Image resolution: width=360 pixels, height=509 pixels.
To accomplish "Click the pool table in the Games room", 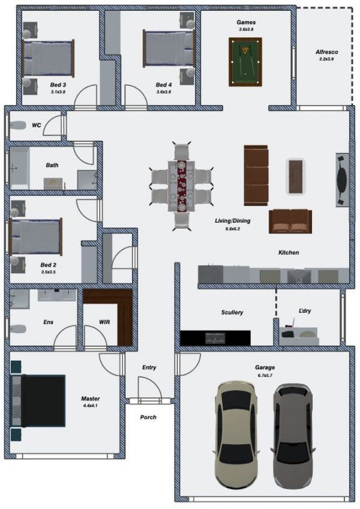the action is [x=245, y=62].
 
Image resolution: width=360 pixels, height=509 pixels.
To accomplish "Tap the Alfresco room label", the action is [x=326, y=52].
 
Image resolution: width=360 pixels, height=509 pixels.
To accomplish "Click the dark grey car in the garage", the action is [x=294, y=436].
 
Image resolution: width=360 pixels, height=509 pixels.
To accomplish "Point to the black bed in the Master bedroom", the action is [x=38, y=400].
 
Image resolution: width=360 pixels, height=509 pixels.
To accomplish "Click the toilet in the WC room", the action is [x=18, y=125].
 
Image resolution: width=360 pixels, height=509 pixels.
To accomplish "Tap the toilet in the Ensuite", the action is [x=18, y=329].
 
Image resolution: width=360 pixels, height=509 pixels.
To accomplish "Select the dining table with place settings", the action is [x=181, y=186].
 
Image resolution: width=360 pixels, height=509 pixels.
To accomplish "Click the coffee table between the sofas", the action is [x=296, y=176].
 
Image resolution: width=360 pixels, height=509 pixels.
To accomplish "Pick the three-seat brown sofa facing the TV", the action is [x=256, y=175].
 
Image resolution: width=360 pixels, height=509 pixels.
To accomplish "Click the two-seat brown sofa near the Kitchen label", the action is [x=290, y=221].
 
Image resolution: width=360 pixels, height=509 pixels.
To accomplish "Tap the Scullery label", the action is [x=232, y=312].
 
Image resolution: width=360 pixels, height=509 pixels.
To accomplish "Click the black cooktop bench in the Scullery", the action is [x=215, y=338].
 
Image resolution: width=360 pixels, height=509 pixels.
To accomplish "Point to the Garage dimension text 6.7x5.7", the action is [x=265, y=375].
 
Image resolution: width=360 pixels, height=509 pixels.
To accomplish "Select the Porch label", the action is [x=148, y=417].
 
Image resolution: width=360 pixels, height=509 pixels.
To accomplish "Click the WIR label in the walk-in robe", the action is [x=104, y=322].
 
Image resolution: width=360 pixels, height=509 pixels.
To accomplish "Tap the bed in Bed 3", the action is [x=49, y=58].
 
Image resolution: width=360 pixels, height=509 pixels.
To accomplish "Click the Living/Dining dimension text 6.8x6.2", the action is [x=233, y=229].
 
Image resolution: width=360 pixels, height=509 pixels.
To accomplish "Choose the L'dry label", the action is [x=305, y=311].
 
